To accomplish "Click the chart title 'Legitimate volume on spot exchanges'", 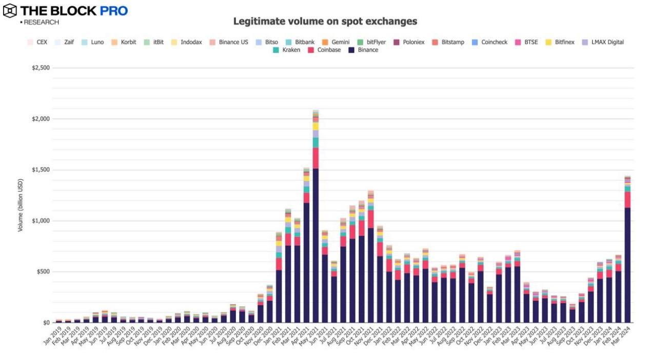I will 325,22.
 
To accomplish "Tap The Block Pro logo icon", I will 10,10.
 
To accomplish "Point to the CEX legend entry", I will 37,42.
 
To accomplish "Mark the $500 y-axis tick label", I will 41,272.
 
